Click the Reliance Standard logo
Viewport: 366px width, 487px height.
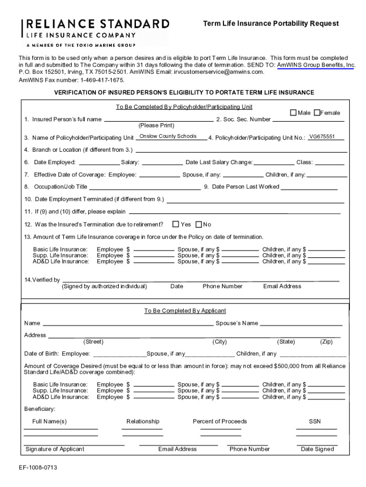click(95, 32)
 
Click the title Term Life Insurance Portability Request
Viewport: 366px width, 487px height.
click(271, 23)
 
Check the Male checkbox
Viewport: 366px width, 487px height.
click(293, 113)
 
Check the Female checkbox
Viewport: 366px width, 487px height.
click(317, 113)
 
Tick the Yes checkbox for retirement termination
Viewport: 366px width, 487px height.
click(176, 224)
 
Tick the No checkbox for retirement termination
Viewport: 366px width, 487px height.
click(199, 224)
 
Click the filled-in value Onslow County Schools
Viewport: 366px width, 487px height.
click(168, 136)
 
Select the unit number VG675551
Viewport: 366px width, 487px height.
click(322, 137)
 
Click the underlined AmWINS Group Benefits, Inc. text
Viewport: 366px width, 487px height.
click(316, 65)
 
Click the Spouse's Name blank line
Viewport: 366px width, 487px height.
click(301, 324)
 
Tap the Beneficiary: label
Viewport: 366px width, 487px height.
click(40, 409)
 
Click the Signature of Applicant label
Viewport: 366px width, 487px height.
click(55, 449)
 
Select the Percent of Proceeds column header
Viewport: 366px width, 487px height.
click(220, 421)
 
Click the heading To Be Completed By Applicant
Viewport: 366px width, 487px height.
click(185, 311)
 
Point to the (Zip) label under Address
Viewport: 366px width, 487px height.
click(326, 342)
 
